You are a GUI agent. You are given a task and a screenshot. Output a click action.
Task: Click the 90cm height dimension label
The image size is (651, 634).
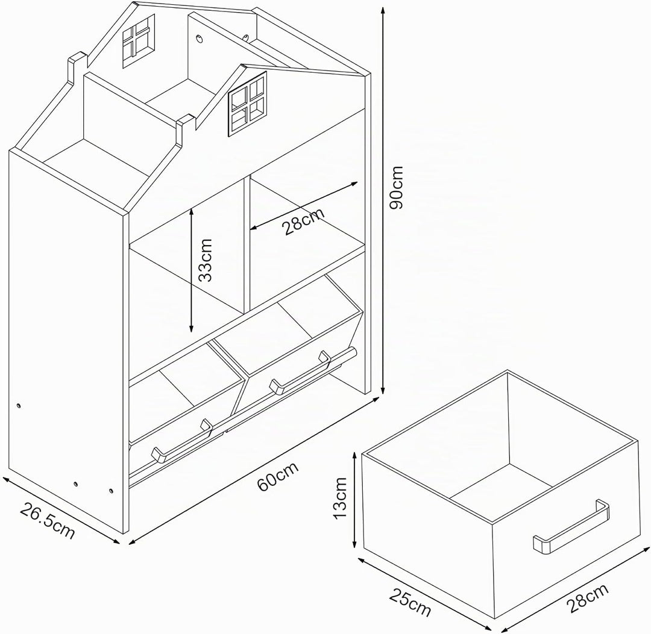(x=397, y=187)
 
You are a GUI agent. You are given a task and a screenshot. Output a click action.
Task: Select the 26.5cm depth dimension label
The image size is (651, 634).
(x=48, y=520)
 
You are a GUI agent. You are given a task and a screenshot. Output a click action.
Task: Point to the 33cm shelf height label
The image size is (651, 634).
(x=205, y=260)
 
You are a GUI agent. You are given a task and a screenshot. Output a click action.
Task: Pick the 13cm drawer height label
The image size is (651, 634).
(x=340, y=497)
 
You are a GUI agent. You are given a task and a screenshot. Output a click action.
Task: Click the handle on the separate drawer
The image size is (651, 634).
(x=571, y=527)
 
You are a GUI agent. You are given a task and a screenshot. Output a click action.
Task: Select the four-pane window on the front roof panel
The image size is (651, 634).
(x=248, y=104)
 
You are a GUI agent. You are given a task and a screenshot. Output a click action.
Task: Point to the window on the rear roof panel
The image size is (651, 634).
(x=139, y=41)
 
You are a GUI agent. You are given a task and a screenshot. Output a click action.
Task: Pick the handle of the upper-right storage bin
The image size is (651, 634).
(x=300, y=372)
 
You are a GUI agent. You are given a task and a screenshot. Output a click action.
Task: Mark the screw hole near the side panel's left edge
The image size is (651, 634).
(x=19, y=406)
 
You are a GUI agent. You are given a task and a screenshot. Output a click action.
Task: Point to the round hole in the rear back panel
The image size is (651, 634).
(x=200, y=39)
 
